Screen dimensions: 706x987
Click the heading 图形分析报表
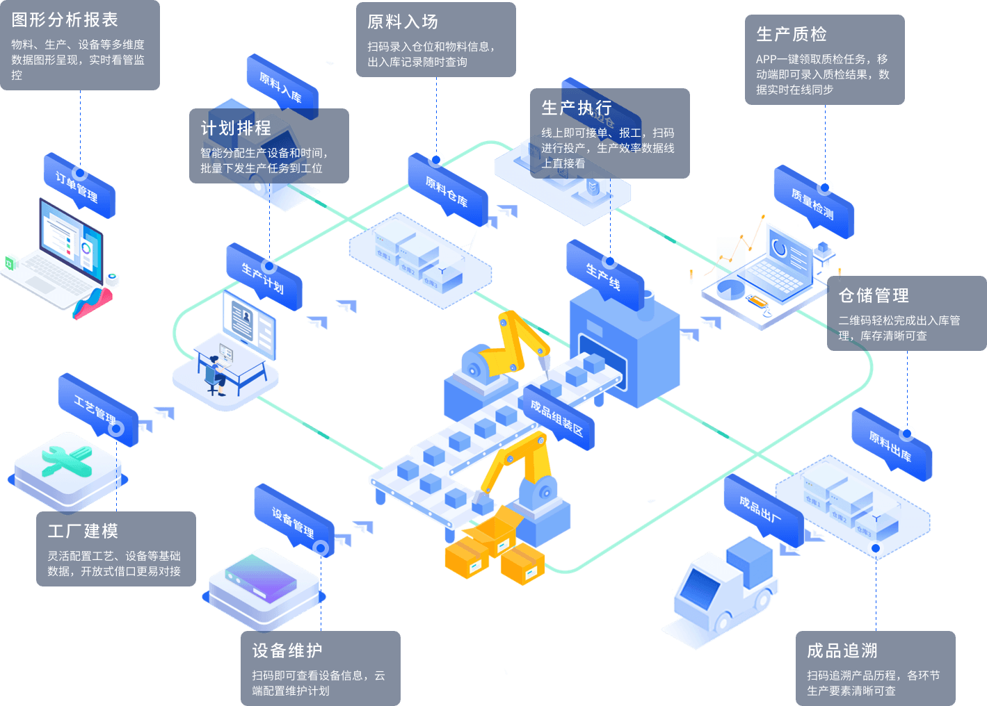click(65, 20)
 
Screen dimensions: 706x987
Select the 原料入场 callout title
click(403, 22)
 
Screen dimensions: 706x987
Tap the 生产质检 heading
click(792, 34)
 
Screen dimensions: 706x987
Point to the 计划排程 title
click(236, 129)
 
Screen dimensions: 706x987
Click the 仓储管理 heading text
click(874, 296)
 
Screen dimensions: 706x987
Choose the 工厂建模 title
click(83, 532)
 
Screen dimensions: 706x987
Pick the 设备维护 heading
click(287, 651)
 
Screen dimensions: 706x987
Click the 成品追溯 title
click(842, 651)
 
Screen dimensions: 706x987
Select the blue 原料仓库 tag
click(447, 191)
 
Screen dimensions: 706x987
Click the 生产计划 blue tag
click(263, 277)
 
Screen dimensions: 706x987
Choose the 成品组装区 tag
click(556, 417)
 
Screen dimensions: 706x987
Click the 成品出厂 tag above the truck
click(760, 510)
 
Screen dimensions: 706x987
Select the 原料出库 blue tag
click(890, 446)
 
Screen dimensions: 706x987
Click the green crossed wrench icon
click(67, 460)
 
